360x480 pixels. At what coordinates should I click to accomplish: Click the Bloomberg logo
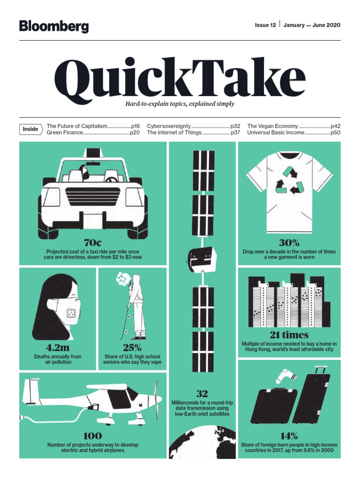click(54, 26)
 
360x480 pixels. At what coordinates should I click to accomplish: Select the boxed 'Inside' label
click(30, 129)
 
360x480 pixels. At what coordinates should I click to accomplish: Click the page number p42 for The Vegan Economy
click(336, 126)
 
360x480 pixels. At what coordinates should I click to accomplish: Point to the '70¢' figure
click(92, 243)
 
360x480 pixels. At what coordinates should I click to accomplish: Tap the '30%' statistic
click(289, 243)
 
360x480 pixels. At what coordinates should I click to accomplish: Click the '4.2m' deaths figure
click(58, 348)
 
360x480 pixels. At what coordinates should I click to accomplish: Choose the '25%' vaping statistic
click(132, 348)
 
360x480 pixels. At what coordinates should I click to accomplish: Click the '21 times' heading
click(289, 335)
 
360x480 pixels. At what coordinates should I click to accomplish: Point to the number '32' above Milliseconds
click(202, 394)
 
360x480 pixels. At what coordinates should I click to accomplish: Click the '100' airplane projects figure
click(92, 436)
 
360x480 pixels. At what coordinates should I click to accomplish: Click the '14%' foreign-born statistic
click(289, 436)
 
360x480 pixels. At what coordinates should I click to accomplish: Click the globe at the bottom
click(202, 450)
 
